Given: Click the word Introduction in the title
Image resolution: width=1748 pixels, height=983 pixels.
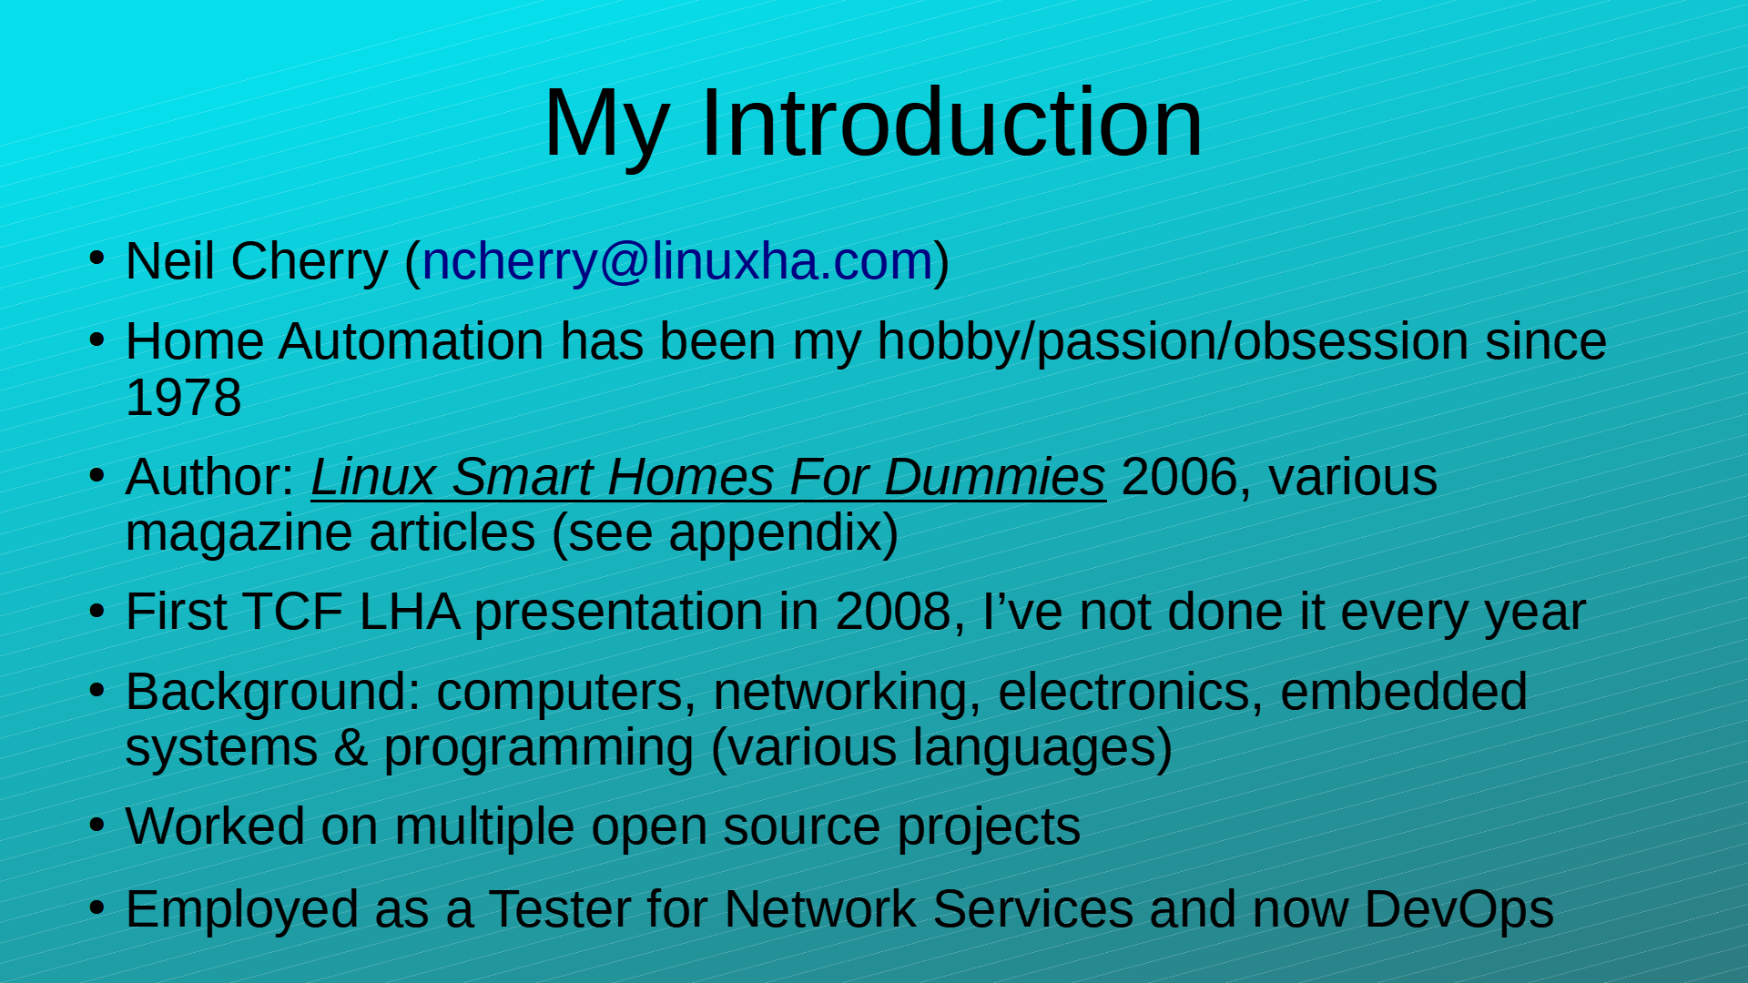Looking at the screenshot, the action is pyautogui.click(x=951, y=123).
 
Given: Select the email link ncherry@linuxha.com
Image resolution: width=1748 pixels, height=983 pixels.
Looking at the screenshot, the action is pyautogui.click(x=678, y=261).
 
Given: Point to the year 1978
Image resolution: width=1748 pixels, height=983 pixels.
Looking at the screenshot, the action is pyautogui.click(x=183, y=398).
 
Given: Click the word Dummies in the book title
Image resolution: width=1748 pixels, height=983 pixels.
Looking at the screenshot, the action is pyautogui.click(x=994, y=478).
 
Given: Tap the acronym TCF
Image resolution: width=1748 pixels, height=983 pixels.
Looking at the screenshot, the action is pyautogui.click(x=292, y=612).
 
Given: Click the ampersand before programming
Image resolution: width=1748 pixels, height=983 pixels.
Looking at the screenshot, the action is pyautogui.click(x=351, y=748).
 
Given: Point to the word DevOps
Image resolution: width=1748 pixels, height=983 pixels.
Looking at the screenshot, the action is pyautogui.click(x=1458, y=909).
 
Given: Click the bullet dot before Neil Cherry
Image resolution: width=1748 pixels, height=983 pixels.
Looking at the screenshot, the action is pyautogui.click(x=97, y=259).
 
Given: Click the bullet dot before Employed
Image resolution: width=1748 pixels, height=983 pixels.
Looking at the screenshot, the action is pyautogui.click(x=97, y=907).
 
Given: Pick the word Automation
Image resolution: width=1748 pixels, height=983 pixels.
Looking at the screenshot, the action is pyautogui.click(x=412, y=341).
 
